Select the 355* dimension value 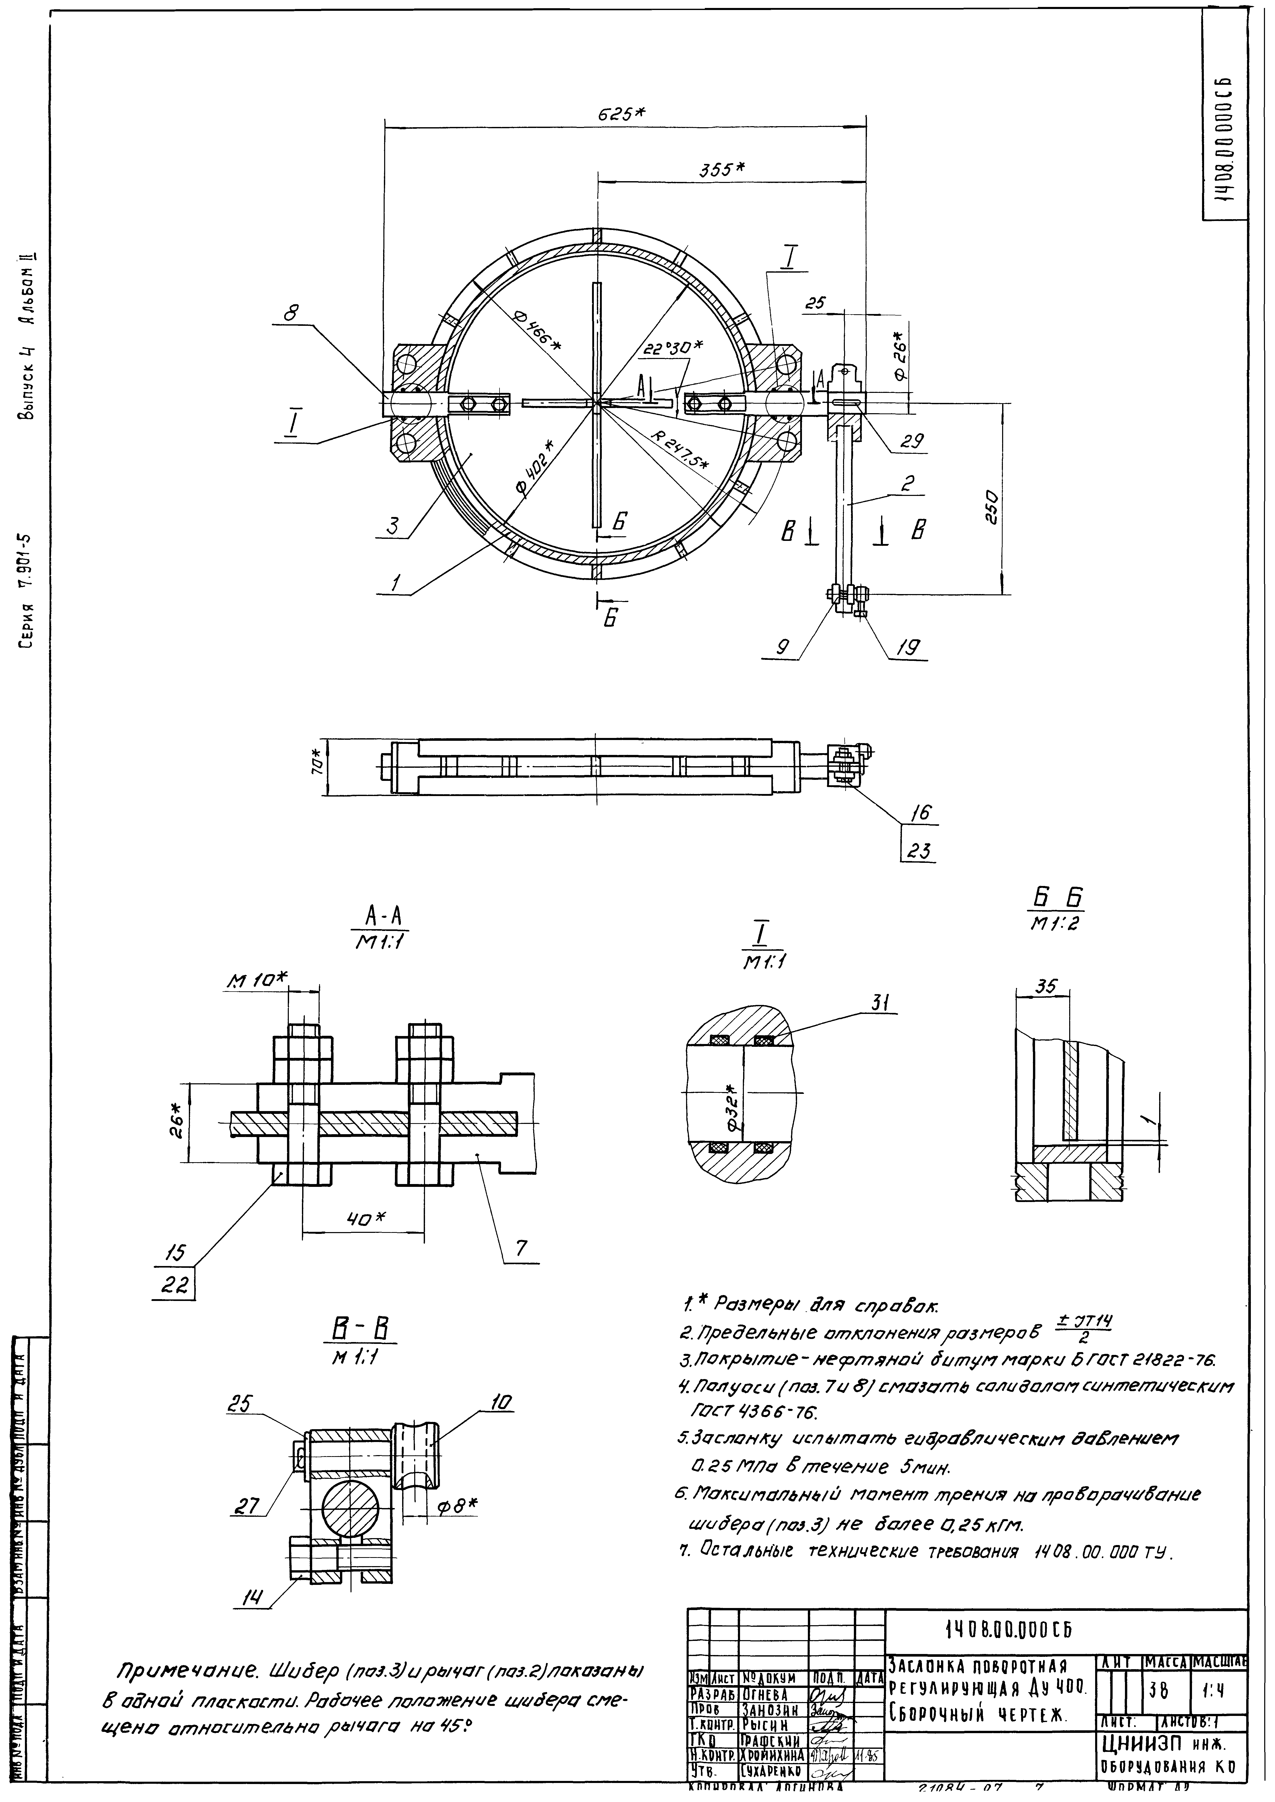[722, 170]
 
